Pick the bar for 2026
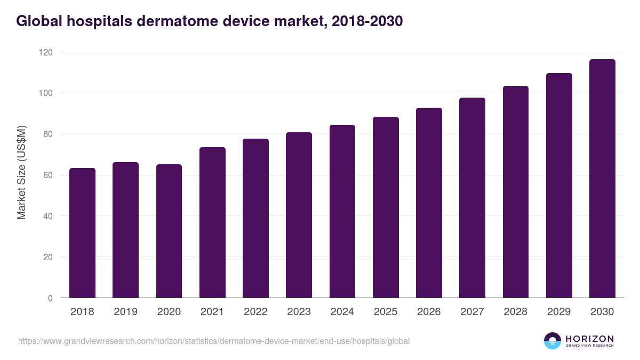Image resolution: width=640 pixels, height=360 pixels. (x=429, y=203)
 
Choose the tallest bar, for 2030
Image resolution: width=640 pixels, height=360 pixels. (x=602, y=179)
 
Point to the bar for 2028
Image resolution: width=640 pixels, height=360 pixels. (x=516, y=192)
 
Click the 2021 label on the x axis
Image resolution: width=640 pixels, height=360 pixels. (x=212, y=312)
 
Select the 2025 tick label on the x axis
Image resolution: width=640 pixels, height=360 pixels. (x=386, y=312)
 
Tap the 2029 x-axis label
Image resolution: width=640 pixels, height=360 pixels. (x=559, y=312)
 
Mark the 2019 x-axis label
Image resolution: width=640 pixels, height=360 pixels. (x=125, y=312)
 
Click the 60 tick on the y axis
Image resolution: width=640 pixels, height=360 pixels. (x=47, y=175)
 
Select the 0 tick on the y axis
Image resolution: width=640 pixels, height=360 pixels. (x=50, y=298)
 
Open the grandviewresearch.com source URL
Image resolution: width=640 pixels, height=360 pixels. (x=214, y=341)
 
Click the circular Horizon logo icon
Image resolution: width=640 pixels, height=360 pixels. (x=553, y=341)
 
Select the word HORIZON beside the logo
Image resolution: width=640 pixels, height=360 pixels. (x=589, y=338)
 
